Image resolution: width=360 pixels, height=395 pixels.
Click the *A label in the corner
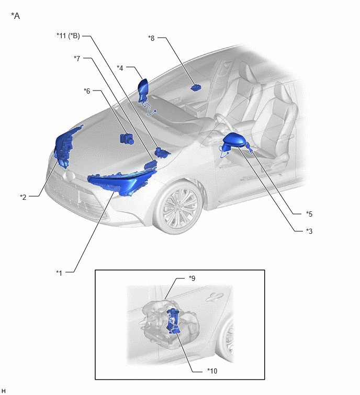point(15,16)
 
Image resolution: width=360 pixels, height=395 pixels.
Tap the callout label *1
point(59,273)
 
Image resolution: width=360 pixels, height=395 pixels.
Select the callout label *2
point(23,197)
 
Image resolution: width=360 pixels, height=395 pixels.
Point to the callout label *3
point(309,231)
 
